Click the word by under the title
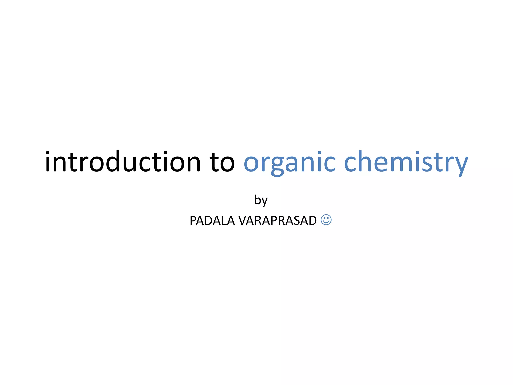click(261, 200)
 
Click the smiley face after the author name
click(326, 220)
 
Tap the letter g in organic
click(277, 165)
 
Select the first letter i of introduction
click(48, 162)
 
